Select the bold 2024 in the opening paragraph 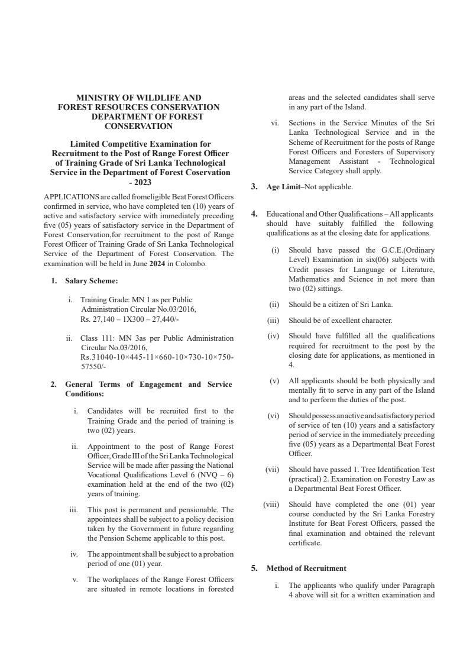[157, 264]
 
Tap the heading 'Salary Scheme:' [91, 280]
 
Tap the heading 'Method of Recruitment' [306, 568]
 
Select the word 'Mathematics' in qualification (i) [309, 279]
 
